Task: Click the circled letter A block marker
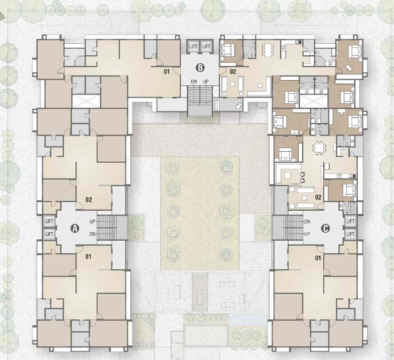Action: tap(74, 228)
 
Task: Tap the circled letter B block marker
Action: tap(200, 68)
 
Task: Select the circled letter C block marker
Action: tap(325, 229)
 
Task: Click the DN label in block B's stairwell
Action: tap(194, 81)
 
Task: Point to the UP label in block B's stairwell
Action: tap(206, 81)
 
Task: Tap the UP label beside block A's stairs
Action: tap(93, 222)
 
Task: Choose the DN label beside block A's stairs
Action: tap(93, 234)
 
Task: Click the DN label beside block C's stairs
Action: tap(307, 222)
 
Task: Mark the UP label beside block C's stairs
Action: tap(307, 234)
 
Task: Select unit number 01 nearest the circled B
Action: tap(167, 72)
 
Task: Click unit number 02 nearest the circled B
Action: tap(233, 71)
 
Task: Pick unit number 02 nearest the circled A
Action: tap(89, 200)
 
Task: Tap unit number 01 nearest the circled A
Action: tap(88, 257)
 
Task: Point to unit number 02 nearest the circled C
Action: tap(318, 197)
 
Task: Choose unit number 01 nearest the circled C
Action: tap(318, 258)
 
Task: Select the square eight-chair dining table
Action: tap(319, 147)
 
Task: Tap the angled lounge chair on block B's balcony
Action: tap(239, 105)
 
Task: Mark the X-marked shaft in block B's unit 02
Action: tap(314, 101)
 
